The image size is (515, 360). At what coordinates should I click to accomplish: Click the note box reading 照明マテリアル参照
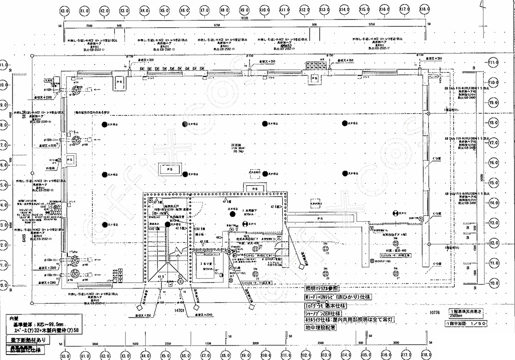click(x=322, y=288)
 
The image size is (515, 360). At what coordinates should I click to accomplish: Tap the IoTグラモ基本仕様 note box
click(x=326, y=305)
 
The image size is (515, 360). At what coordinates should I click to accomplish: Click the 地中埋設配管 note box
click(x=320, y=328)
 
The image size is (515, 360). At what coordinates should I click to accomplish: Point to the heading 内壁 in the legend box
click(x=13, y=318)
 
